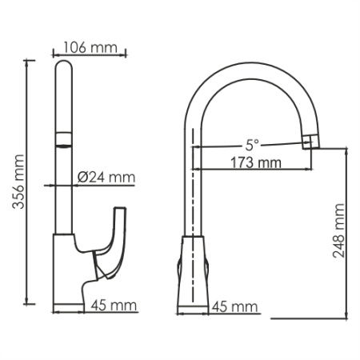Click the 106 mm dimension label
(x=89, y=46)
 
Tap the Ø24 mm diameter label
(x=106, y=177)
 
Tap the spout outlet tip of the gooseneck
(x=310, y=143)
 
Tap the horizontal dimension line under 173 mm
(x=254, y=170)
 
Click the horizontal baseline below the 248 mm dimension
(x=312, y=318)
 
